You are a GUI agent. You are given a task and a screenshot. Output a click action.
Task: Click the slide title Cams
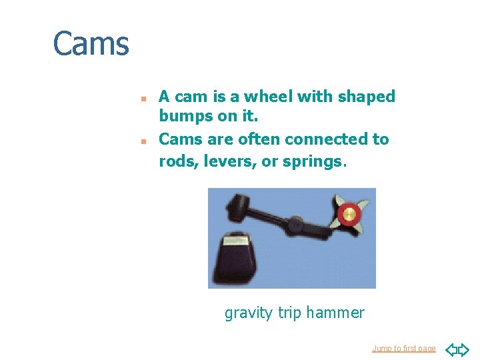tap(91, 44)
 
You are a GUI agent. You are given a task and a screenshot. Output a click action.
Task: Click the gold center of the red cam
tap(349, 214)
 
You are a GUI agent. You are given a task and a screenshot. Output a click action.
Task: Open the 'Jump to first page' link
tap(404, 349)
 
